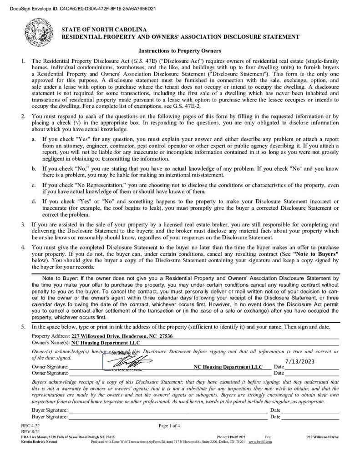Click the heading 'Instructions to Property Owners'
tap(180, 51)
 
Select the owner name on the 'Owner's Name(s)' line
tap(103, 343)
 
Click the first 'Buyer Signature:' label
tap(50, 410)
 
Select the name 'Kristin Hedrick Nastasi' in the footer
tap(37, 441)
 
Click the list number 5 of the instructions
tap(23, 327)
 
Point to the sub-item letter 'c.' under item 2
tap(34, 185)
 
